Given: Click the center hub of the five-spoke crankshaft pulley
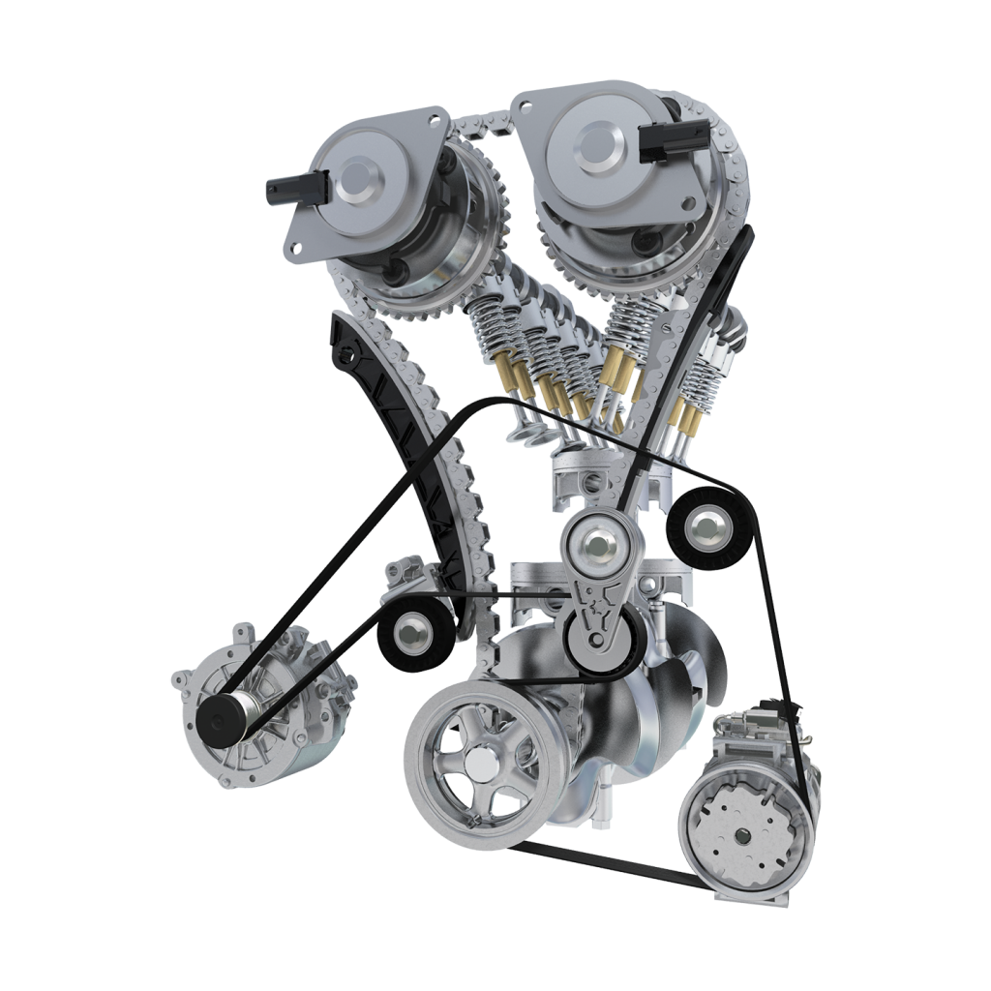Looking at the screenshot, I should [478, 766].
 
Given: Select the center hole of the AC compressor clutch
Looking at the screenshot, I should [742, 835].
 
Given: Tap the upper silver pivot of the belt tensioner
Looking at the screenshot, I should [594, 546].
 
